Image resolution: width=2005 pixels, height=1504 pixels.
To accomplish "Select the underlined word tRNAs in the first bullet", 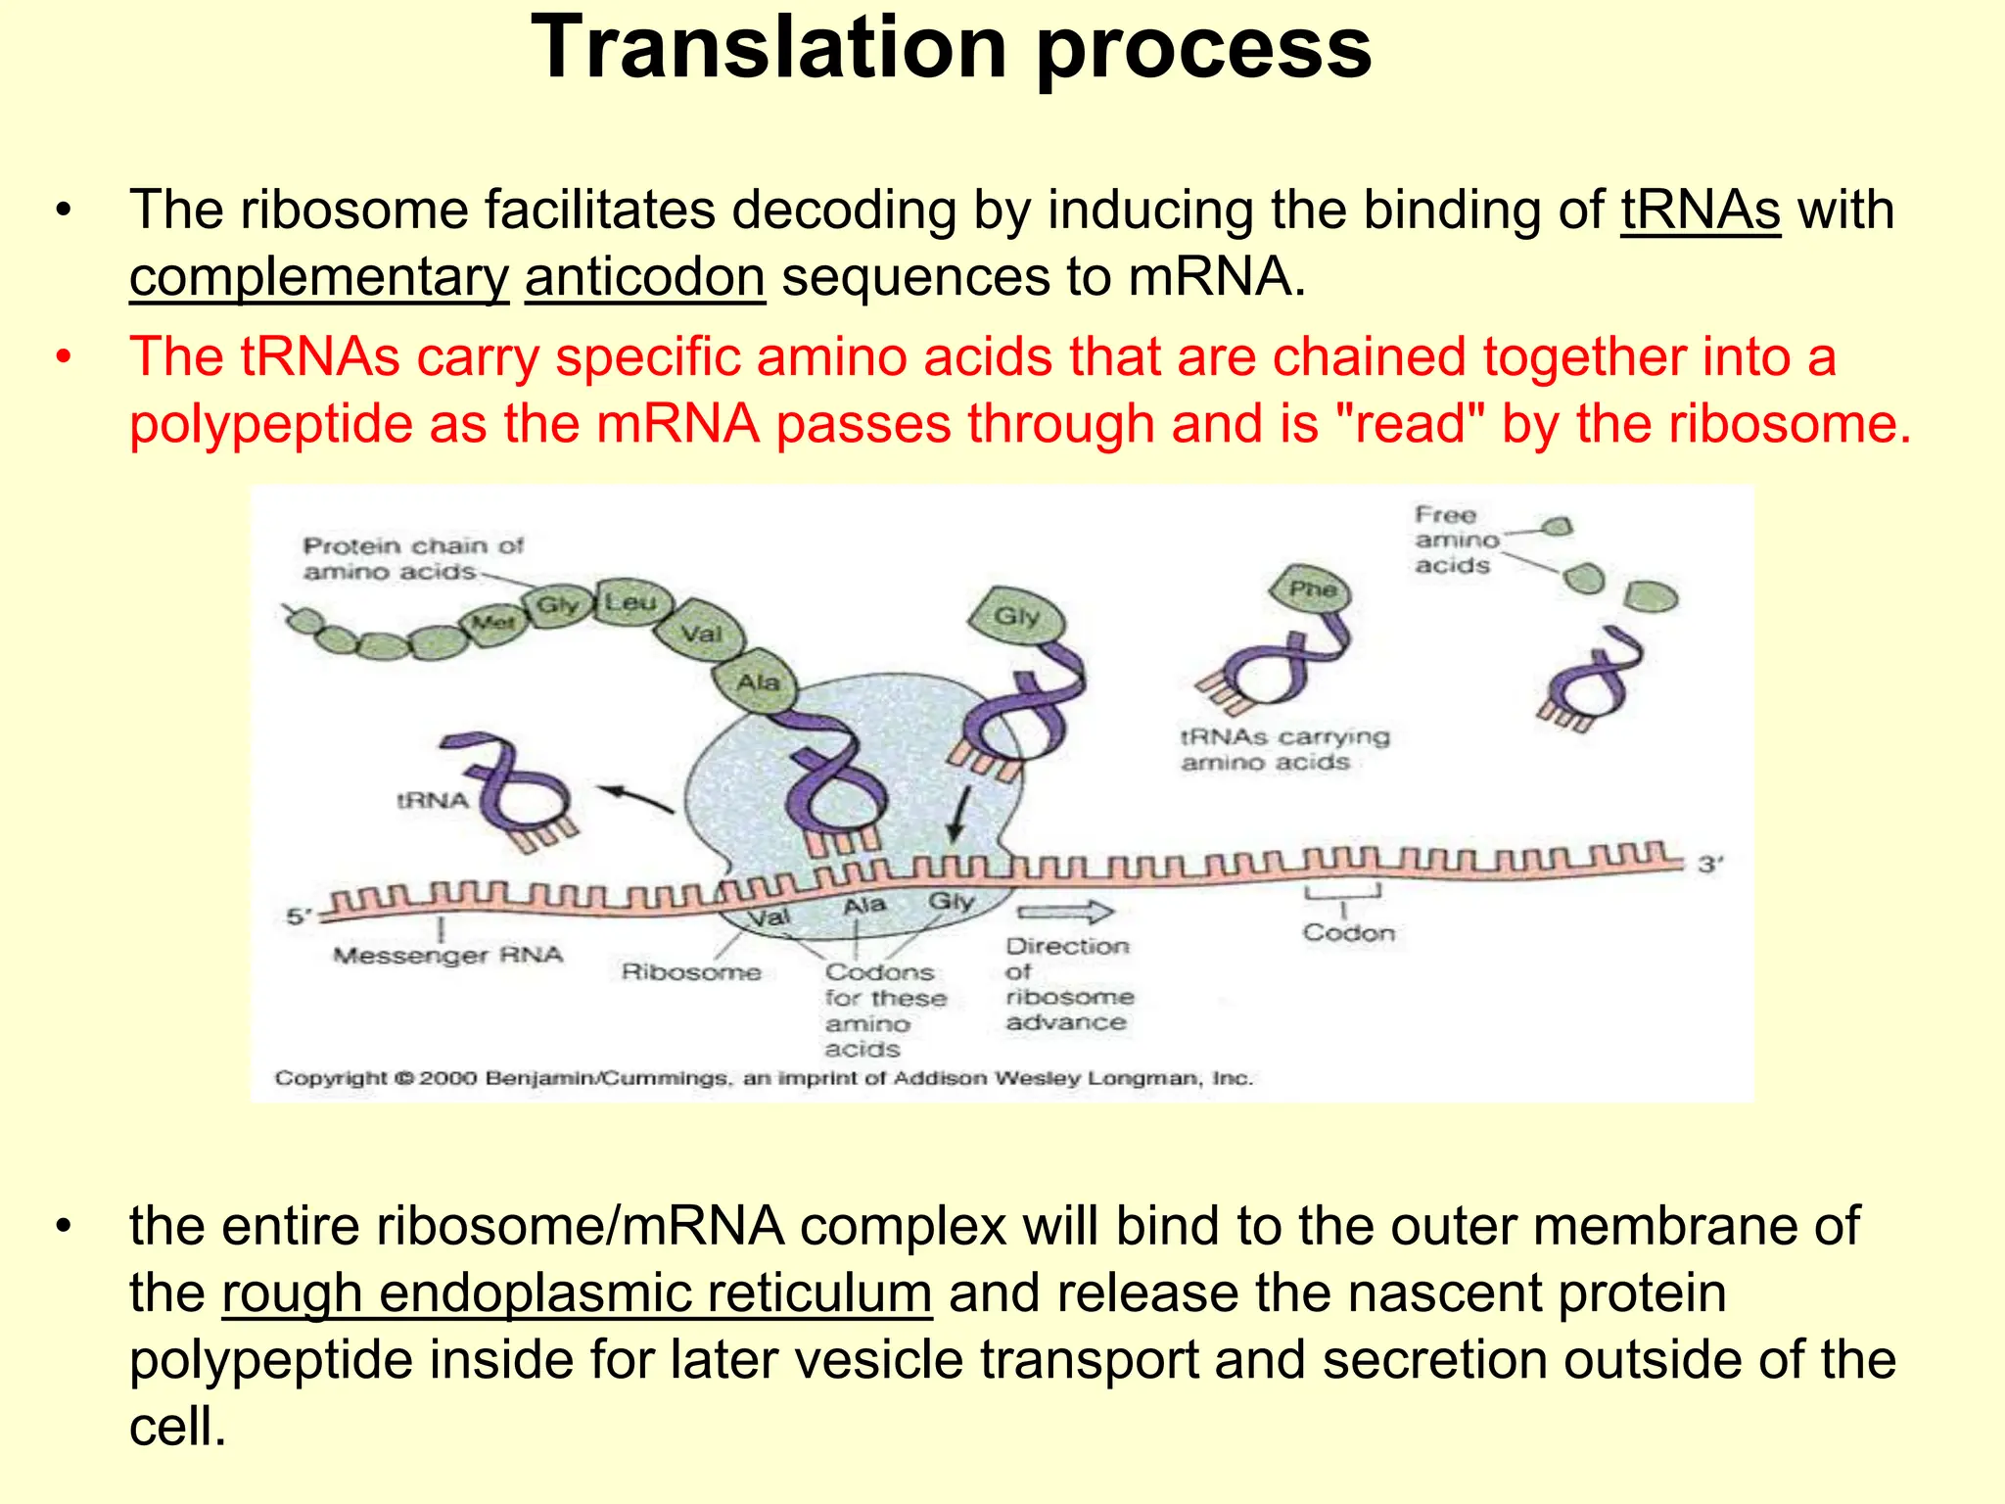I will [x=1700, y=211].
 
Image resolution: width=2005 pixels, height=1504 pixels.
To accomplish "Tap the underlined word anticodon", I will [x=644, y=277].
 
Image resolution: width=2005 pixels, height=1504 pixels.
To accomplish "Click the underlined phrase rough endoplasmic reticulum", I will [x=577, y=1293].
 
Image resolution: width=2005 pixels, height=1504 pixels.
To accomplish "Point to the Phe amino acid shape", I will [x=1312, y=589].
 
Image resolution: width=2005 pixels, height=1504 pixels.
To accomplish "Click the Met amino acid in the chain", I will [x=492, y=623].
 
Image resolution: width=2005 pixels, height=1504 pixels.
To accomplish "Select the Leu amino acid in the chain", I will [x=630, y=602].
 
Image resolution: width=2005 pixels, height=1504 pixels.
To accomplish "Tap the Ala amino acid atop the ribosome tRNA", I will [x=758, y=681].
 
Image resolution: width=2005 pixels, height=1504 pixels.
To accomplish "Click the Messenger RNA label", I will [x=447, y=955].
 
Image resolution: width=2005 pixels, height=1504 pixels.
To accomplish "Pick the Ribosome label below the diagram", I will [x=691, y=972].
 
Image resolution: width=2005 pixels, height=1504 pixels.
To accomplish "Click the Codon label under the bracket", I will [x=1348, y=933].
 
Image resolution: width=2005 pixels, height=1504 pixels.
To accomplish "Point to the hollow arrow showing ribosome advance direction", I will [x=1065, y=913].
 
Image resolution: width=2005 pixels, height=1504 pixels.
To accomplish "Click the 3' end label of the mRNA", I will [x=1710, y=865].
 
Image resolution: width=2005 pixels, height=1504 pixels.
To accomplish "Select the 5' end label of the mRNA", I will [x=298, y=916].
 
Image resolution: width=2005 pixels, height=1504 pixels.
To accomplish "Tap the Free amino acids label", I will [x=1455, y=540].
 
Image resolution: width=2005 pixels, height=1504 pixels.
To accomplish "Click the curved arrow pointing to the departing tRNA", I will [x=636, y=798].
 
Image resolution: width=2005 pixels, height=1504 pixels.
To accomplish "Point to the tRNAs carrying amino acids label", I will [x=1283, y=749].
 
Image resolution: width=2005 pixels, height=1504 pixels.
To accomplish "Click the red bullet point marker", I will [x=64, y=356].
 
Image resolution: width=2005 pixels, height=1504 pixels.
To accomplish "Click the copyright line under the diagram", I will [x=764, y=1078].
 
